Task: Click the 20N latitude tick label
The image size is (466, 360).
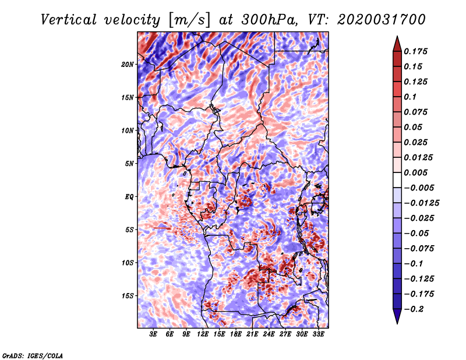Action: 128,65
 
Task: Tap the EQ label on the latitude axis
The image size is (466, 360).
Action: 129,197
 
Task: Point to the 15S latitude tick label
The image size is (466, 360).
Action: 128,296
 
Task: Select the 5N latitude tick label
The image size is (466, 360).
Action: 129,164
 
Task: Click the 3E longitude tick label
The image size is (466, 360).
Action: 153,334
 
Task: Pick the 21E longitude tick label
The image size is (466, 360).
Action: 252,334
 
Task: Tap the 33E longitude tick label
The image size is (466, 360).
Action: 318,334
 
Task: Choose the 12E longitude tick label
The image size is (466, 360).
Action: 202,334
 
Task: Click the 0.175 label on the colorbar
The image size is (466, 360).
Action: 415,51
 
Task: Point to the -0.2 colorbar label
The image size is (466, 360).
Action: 414,309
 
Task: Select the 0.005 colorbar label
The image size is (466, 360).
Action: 415,172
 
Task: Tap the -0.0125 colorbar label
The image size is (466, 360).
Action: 421,203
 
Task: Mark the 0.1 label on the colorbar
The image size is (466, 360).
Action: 410,97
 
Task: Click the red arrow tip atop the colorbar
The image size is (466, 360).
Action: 397,37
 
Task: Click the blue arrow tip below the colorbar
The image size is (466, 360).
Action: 397,323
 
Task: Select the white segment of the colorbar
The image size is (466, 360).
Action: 397,180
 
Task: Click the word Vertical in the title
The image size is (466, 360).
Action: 69,20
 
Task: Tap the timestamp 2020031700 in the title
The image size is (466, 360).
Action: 382,20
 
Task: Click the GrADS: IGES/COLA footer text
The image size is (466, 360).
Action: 33,356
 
